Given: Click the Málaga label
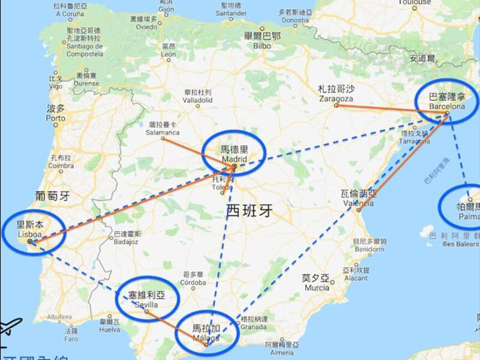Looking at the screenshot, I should [x=206, y=337].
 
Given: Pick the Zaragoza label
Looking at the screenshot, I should [x=336, y=98].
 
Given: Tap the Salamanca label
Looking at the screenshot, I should [x=163, y=132].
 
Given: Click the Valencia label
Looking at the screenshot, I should [x=359, y=202].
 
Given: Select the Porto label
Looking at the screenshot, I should [x=55, y=118].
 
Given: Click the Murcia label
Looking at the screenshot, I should [x=316, y=287].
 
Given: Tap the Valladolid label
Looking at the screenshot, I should [x=198, y=101].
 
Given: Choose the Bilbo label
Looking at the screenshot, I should [x=262, y=45].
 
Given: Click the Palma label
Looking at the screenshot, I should [x=467, y=215].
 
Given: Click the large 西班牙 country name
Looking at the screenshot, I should [x=250, y=211].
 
